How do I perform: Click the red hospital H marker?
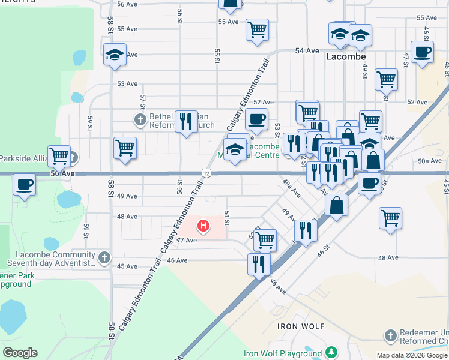pos(203,226)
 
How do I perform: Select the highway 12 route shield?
pos(206,173)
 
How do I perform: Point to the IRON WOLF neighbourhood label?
pos(301,326)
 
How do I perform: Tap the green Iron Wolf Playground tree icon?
pos(331,353)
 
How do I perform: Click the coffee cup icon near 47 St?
pos(422,52)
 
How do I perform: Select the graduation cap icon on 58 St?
pos(115,55)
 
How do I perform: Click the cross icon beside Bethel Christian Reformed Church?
pos(140,119)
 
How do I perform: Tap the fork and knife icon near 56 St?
pos(186,122)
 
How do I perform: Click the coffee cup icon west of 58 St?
pos(25,184)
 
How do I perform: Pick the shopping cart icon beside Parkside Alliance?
pos(59,156)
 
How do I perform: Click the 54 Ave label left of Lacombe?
pos(307,51)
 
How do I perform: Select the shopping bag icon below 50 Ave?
pos(337,205)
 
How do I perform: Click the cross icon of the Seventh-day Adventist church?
pos(104,258)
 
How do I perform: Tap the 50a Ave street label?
pos(429,161)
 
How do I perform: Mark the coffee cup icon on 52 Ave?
pos(256,119)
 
